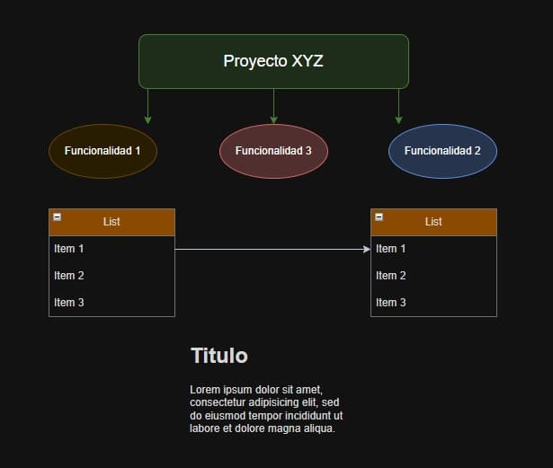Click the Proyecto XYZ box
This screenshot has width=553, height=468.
click(273, 61)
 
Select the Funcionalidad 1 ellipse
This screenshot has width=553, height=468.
click(103, 151)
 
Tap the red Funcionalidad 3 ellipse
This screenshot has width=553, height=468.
click(273, 151)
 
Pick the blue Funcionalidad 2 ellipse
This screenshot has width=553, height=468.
click(442, 151)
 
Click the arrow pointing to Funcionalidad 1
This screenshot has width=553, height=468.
click(148, 107)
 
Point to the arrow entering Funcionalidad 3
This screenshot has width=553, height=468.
click(273, 107)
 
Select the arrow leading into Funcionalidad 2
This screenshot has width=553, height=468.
click(398, 107)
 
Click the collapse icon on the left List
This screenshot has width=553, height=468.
click(57, 216)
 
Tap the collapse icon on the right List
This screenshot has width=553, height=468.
click(379, 216)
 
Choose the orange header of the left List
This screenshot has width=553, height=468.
click(111, 222)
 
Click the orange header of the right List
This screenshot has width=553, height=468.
click(433, 222)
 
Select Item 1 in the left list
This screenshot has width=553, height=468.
click(69, 249)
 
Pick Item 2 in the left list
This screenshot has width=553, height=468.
click(69, 276)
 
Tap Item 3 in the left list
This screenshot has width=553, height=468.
click(69, 303)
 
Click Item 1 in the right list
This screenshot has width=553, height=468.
click(391, 249)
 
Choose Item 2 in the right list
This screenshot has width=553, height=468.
click(391, 276)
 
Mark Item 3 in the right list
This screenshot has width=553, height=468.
click(391, 303)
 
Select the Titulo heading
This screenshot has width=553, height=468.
click(219, 356)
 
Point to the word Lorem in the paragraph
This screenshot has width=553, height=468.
click(204, 390)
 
